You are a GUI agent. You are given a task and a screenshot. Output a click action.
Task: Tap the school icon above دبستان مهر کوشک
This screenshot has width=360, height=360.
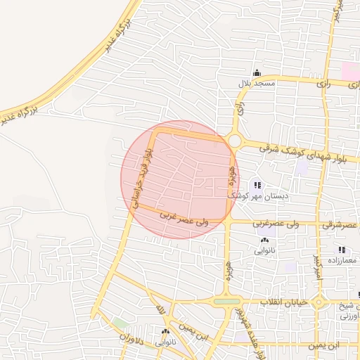(x=258, y=185)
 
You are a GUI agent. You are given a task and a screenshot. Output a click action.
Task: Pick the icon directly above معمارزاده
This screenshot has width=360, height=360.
(x=342, y=250)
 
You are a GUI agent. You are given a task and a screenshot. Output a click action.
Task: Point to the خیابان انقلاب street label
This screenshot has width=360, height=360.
(x=285, y=302)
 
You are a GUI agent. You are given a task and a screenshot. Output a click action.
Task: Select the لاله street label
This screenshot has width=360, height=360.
(x=161, y=310)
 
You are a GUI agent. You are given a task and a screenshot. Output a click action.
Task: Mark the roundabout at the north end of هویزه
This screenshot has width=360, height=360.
(x=235, y=141)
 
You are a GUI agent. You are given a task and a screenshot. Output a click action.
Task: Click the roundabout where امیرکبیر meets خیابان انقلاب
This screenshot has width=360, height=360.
(x=319, y=303)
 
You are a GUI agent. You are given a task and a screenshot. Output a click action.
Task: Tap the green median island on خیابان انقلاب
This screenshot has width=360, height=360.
(x=226, y=302)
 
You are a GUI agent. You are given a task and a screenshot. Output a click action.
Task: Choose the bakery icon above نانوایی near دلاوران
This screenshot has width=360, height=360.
(x=166, y=332)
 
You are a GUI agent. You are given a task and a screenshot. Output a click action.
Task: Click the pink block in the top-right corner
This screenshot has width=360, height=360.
(x=350, y=71)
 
